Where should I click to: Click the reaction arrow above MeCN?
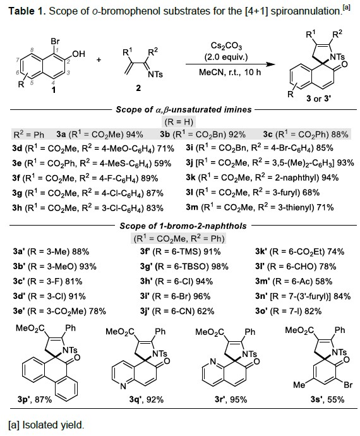pos(230,64)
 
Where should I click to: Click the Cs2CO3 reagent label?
pos(226,46)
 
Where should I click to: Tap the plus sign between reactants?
pos(99,59)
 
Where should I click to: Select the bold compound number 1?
pos(54,90)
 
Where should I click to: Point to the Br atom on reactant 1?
pos(55,41)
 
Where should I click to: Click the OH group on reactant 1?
pos(78,54)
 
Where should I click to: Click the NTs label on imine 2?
pos(155,74)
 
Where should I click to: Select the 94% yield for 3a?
pos(135,135)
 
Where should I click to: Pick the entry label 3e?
pos(17,163)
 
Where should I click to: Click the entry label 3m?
pos(192,207)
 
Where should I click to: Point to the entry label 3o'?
pos(261,311)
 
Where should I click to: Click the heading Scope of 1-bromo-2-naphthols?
pos(183,226)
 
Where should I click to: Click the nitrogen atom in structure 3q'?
pos(123,386)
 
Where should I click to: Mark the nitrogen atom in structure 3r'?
pos(213,362)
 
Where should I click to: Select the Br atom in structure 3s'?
pos(348,385)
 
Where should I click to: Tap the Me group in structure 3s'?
pos(299,385)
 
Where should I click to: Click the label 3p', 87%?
pos(35,399)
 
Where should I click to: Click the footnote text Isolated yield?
pos(53,425)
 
